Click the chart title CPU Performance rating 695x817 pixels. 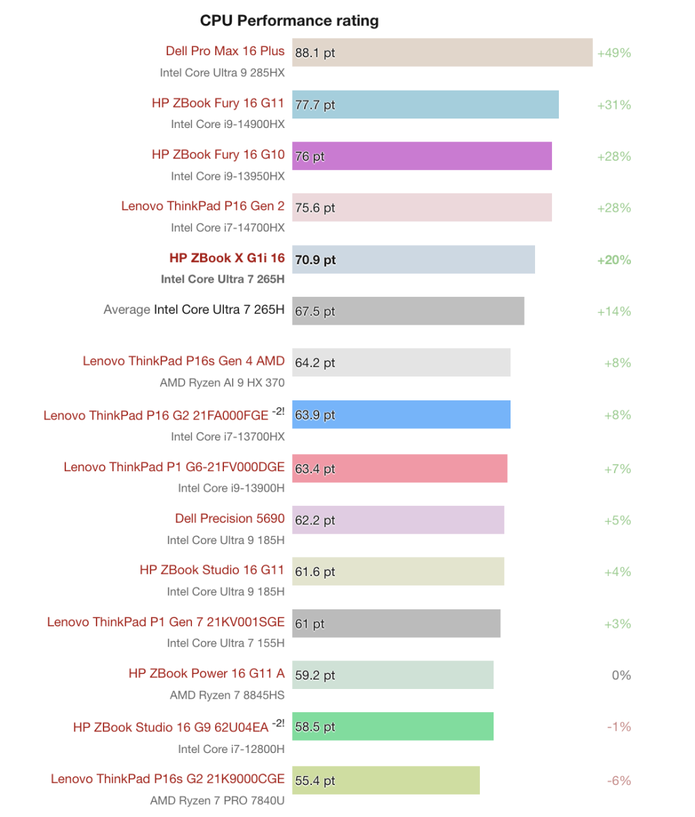(289, 21)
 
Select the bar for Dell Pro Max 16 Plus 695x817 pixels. (442, 52)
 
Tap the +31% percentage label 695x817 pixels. (614, 105)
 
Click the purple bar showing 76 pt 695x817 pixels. (422, 156)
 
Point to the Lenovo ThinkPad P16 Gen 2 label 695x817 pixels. (203, 206)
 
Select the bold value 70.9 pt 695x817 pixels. (315, 259)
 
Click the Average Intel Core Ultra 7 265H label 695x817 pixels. (194, 310)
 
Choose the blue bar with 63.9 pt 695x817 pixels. (402, 414)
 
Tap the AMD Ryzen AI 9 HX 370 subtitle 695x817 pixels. (222, 383)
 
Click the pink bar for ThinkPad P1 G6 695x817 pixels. (400, 468)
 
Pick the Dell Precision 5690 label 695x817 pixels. (230, 519)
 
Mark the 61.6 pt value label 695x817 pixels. (315, 572)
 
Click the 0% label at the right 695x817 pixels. (621, 675)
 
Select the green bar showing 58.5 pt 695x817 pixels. (393, 726)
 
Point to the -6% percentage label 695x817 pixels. (619, 780)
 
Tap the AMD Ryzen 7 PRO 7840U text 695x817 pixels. (217, 801)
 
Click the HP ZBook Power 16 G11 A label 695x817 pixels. (206, 673)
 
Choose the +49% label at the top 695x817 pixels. (614, 52)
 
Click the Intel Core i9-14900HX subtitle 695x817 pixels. (227, 125)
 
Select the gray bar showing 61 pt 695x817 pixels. (396, 624)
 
